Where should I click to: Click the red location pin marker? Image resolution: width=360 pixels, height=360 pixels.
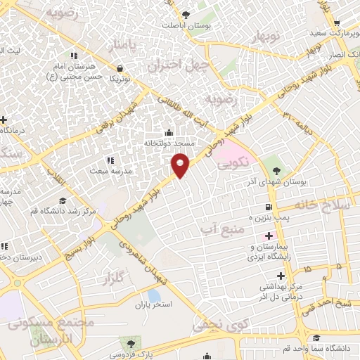tap(181, 164)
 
